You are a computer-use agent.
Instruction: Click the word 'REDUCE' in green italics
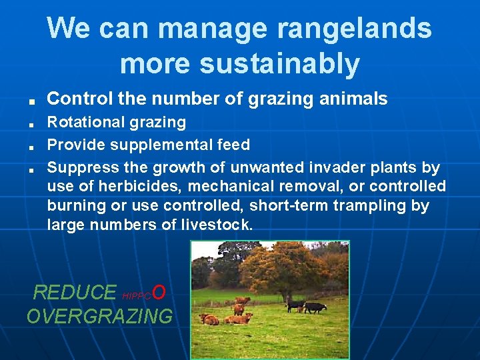74,292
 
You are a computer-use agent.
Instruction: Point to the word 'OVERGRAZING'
99,316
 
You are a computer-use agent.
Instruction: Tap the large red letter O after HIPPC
159,291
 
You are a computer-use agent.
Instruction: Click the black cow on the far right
315,307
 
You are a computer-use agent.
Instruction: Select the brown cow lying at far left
210,319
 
